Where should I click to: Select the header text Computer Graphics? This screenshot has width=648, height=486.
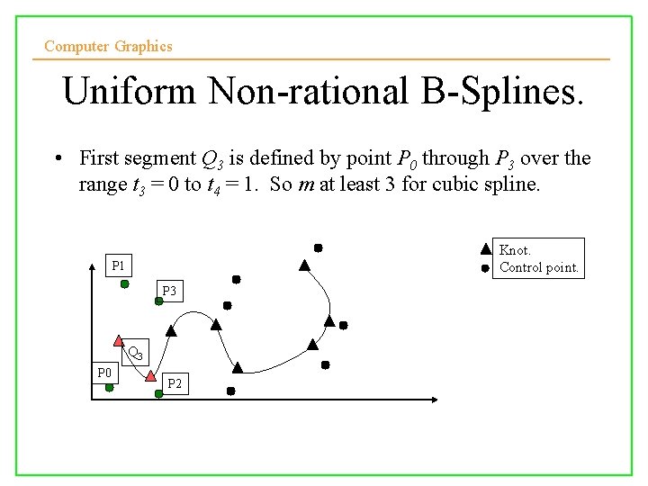coord(108,46)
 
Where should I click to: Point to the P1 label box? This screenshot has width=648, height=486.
coord(119,265)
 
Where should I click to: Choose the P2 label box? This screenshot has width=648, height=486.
coord(175,384)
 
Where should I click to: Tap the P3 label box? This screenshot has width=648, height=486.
coord(168,291)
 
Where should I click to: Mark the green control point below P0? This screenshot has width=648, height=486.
coord(108,387)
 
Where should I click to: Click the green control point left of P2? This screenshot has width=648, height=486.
coord(158,391)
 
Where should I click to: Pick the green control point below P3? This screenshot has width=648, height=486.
coord(158,301)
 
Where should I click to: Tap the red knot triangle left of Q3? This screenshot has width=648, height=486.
coord(119,340)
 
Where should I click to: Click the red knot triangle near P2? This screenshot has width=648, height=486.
coord(150,373)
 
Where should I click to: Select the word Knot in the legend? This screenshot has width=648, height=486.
coord(515,250)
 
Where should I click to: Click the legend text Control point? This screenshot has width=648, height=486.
coord(539,267)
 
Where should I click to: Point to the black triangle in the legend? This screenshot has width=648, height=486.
coord(485,249)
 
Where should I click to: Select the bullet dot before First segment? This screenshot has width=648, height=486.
coord(57,159)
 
